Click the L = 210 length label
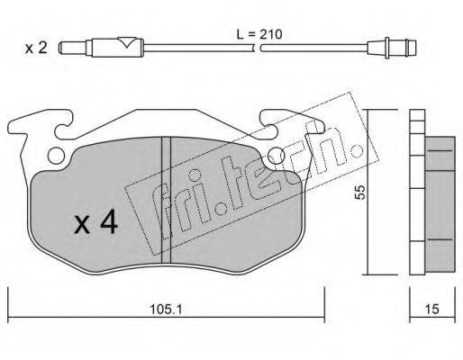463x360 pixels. [259, 34]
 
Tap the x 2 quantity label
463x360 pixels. [36, 48]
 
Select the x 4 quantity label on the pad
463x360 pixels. [95, 221]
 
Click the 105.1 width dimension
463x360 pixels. [166, 310]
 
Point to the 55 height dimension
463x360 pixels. [359, 192]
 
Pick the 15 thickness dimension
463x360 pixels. [432, 310]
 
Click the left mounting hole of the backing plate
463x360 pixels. [57, 156]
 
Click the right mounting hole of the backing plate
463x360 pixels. [277, 156]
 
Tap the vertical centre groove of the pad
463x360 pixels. [166, 201]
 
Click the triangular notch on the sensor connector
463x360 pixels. [126, 42]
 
